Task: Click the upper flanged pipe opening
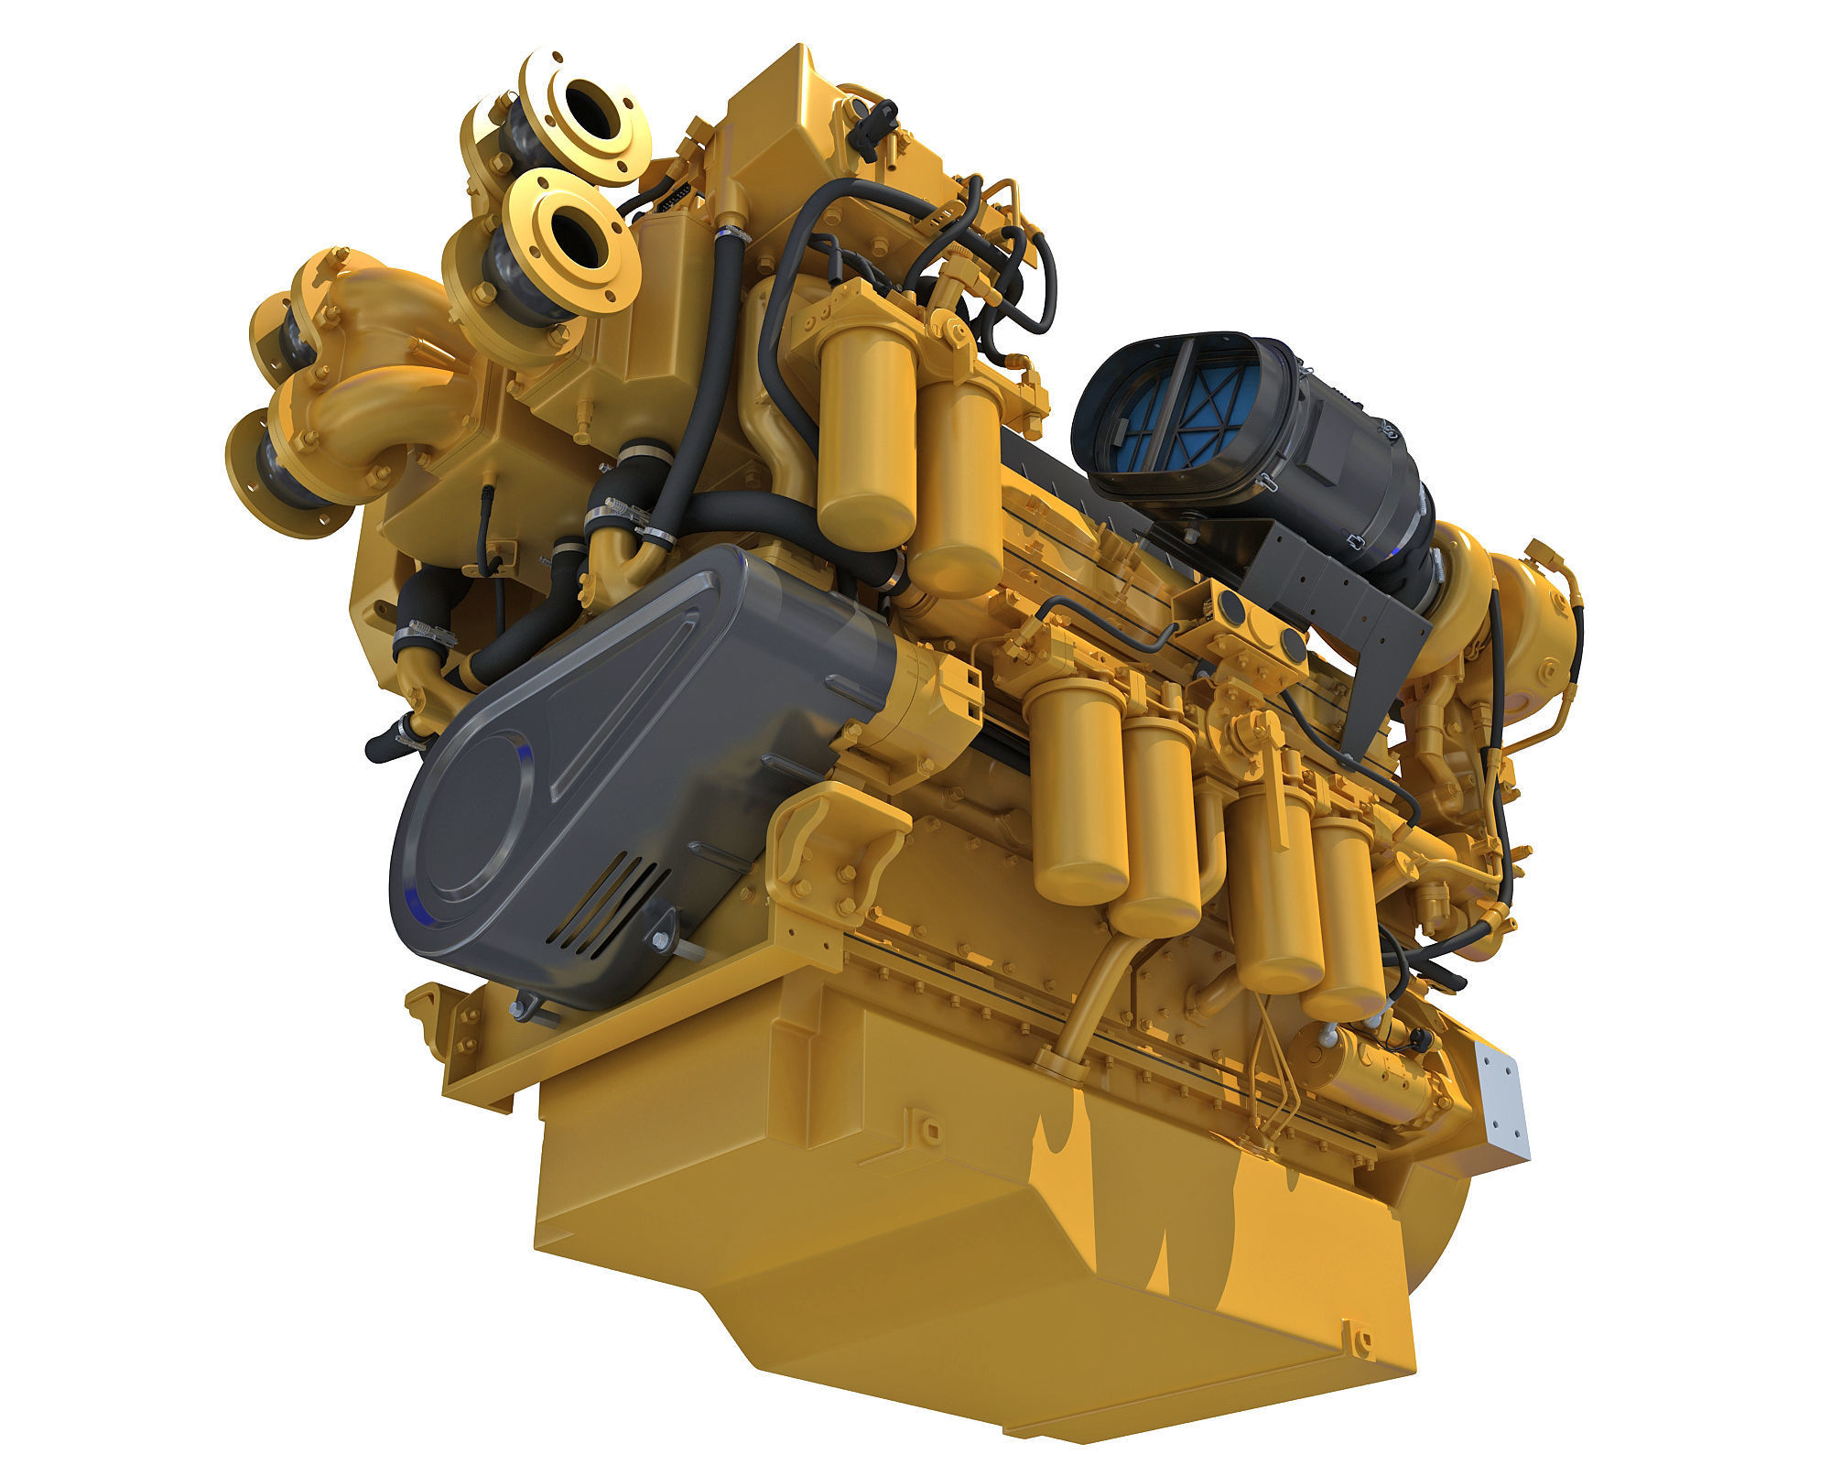[588, 111]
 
